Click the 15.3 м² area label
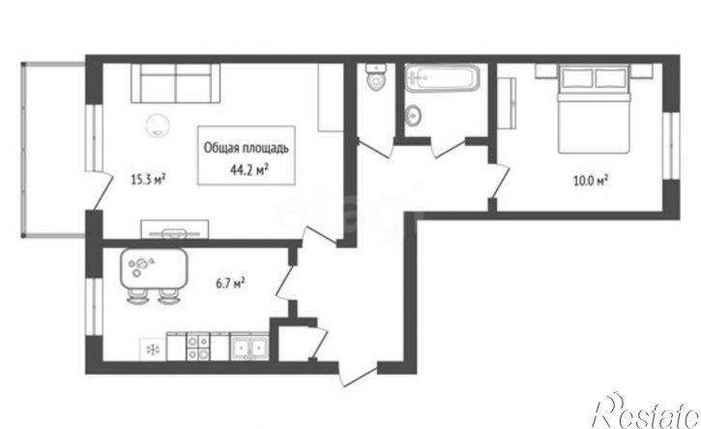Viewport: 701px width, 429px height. (148, 179)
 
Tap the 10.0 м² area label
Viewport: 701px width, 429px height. (591, 180)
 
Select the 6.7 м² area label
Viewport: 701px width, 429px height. (230, 283)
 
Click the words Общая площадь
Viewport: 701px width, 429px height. (247, 148)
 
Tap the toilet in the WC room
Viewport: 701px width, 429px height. (375, 77)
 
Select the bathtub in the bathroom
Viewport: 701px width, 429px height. (442, 77)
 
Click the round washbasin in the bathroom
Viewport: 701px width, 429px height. (412, 115)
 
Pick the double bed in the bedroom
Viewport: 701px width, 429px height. (594, 108)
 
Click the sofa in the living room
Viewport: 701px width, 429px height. (175, 83)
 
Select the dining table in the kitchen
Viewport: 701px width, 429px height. (154, 269)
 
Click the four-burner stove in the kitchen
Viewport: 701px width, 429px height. (197, 347)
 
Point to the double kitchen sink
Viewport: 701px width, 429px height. (249, 347)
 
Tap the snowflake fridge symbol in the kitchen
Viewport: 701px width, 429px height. (153, 349)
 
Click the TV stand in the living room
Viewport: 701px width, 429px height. (175, 229)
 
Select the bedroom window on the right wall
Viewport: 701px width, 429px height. (671, 146)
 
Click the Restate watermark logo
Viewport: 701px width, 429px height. (645, 412)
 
